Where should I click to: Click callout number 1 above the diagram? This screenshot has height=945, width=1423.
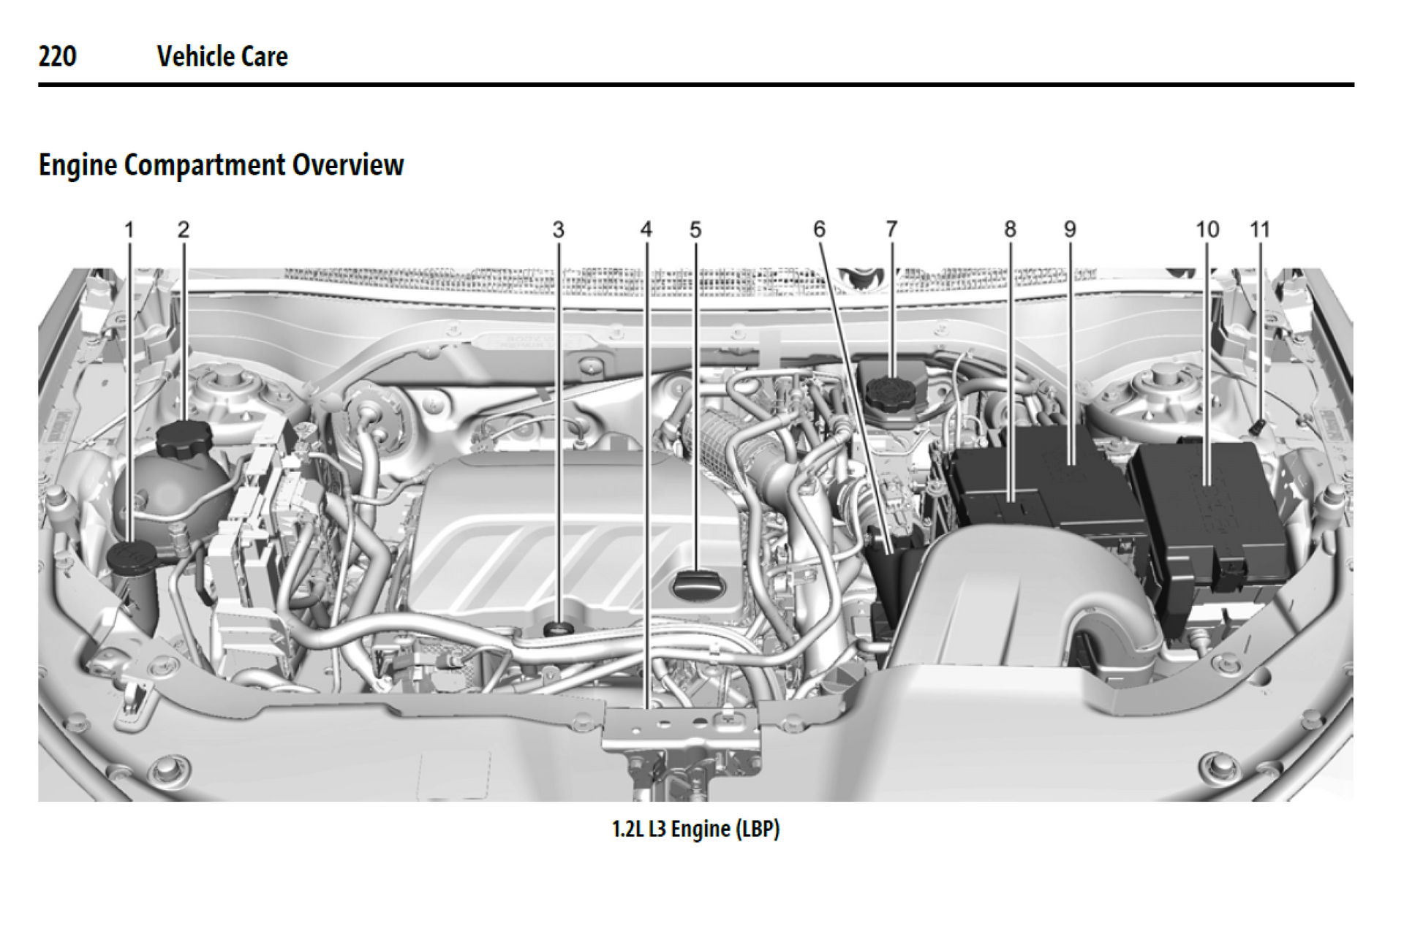(129, 230)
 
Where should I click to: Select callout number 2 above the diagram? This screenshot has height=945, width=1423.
(184, 230)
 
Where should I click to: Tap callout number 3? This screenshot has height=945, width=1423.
(559, 230)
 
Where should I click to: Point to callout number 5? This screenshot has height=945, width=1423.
(695, 230)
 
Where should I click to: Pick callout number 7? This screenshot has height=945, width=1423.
(891, 229)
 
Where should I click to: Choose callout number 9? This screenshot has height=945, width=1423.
(1070, 229)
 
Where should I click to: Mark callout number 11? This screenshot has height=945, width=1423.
(1259, 229)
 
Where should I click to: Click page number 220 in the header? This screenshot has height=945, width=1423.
(57, 56)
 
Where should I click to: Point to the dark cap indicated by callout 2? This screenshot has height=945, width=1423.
(184, 439)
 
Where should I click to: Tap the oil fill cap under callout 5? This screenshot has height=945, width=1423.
(696, 585)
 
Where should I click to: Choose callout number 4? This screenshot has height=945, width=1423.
(646, 229)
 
